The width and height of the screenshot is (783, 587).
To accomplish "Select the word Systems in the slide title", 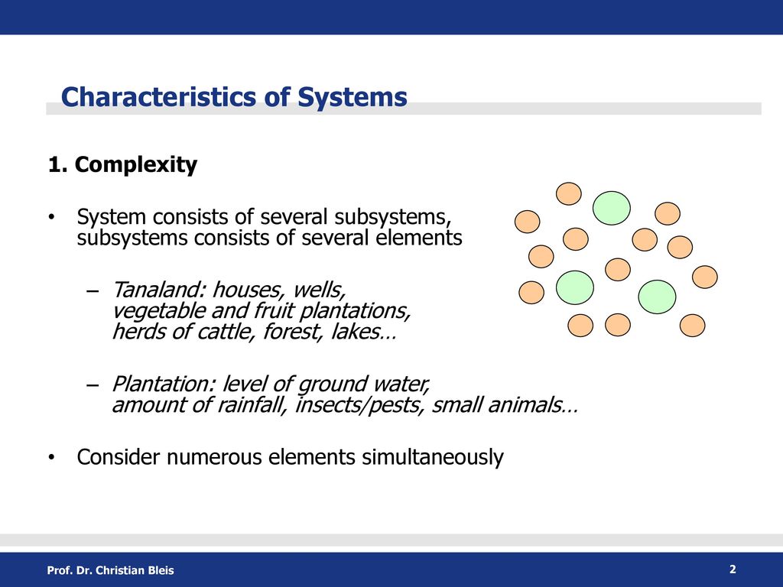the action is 352,98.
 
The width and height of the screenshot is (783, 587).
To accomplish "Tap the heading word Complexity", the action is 136,165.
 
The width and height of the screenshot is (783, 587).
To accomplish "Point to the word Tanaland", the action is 159,290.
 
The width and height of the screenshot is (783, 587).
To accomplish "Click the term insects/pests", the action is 359,405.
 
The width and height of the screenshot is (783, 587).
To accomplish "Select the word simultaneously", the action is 433,458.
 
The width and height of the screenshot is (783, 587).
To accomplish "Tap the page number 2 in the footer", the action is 733,569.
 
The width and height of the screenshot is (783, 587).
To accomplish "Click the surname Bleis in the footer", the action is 161,570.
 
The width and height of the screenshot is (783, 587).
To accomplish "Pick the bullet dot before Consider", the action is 51,458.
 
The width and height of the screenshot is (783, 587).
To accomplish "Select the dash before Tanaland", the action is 92,290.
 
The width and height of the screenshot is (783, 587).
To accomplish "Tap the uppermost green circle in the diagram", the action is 611,208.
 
